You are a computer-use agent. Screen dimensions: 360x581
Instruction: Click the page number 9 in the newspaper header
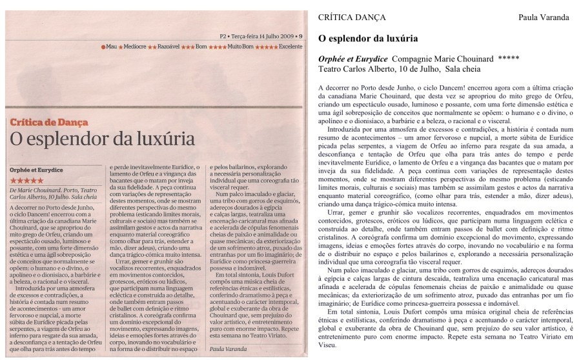click(304, 36)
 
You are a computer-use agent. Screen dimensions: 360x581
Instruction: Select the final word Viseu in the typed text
click(332, 344)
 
